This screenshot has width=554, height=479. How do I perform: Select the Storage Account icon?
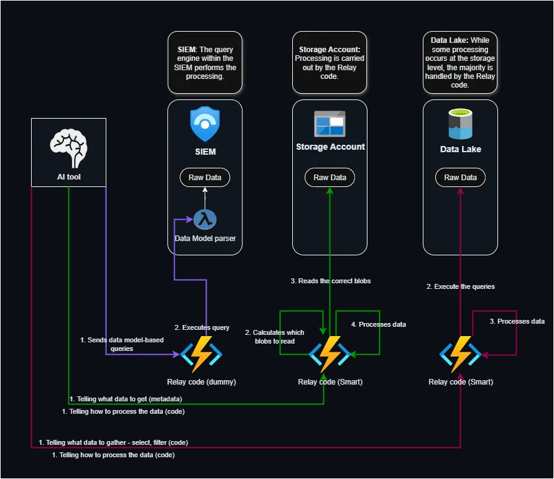(x=330, y=124)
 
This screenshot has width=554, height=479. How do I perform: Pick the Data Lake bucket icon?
(x=460, y=124)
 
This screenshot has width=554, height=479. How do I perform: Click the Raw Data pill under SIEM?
(x=205, y=177)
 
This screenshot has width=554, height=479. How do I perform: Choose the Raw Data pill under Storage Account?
(x=330, y=177)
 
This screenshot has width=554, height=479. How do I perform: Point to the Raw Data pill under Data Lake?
(x=460, y=177)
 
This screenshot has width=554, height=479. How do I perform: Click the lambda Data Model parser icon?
(x=205, y=219)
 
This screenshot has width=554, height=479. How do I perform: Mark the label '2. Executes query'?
(x=201, y=327)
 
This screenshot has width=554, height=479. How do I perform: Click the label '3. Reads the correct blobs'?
(x=330, y=281)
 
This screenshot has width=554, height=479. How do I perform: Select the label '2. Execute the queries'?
(x=460, y=286)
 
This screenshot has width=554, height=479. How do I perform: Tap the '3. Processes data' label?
(x=517, y=321)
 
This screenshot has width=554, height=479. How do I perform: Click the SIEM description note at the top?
(x=205, y=63)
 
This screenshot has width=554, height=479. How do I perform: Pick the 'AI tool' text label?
(x=68, y=176)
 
